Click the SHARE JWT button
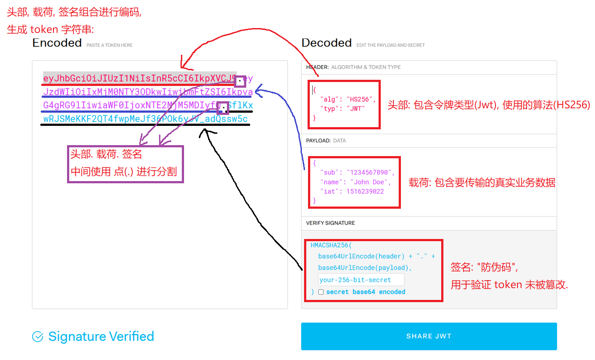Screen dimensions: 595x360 coord(429,336)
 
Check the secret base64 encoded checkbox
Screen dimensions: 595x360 coord(321,292)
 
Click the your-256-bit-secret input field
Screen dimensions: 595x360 coord(361,280)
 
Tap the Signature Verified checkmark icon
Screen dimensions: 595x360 coord(38,337)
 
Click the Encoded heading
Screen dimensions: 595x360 coord(57,43)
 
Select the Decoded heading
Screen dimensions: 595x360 coord(326,43)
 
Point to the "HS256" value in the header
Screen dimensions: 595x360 coord(361,99)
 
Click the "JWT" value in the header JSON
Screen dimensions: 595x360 coord(355,108)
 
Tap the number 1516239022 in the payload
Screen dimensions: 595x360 coord(365,191)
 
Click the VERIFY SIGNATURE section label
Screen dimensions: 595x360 coord(330,223)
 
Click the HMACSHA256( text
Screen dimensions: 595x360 coord(331,246)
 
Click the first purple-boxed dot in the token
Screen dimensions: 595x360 coord(240,81)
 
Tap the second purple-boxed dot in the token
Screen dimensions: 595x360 coord(223,107)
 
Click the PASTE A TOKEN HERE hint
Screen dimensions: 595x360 coord(109,45)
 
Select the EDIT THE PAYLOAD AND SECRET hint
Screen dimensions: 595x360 coord(390,45)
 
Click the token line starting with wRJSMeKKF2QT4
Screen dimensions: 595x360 coord(145,119)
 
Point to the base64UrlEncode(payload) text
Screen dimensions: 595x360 coord(365,267)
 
